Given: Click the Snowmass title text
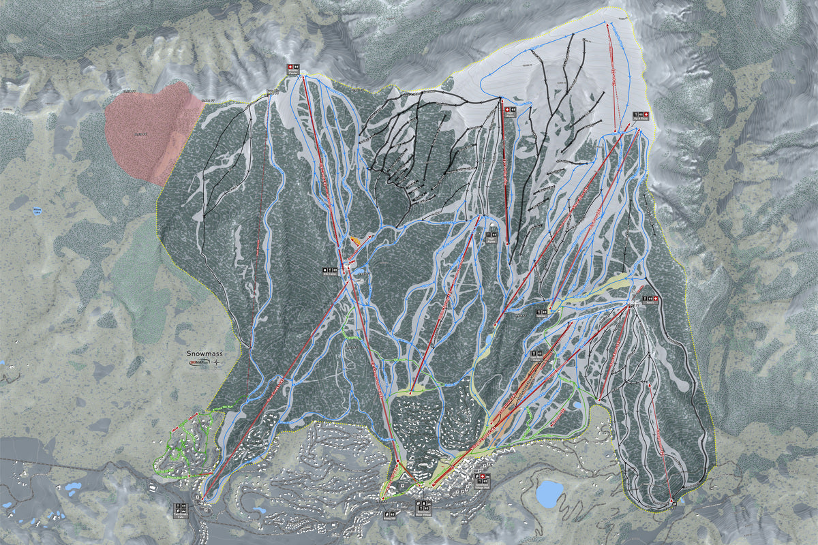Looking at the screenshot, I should pos(205,354).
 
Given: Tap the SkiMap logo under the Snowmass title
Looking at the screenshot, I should pos(199,364).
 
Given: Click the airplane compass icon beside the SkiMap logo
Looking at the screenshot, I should pos(217,364).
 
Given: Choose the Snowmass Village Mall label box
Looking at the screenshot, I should pos(481,477).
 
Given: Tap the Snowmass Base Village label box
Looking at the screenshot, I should pos(423,505).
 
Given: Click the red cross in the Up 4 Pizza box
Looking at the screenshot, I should pos(636,113).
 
